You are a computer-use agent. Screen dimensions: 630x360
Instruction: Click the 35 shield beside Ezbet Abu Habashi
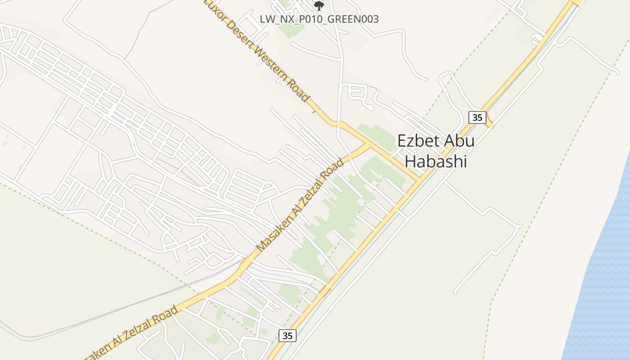(477, 117)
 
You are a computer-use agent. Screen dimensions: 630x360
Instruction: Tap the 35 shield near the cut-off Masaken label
(288, 335)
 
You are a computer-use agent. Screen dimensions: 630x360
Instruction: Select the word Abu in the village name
(459, 141)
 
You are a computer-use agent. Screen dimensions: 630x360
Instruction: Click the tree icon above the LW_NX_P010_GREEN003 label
(319, 5)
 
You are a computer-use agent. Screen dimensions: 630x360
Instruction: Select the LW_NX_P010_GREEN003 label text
(319, 19)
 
